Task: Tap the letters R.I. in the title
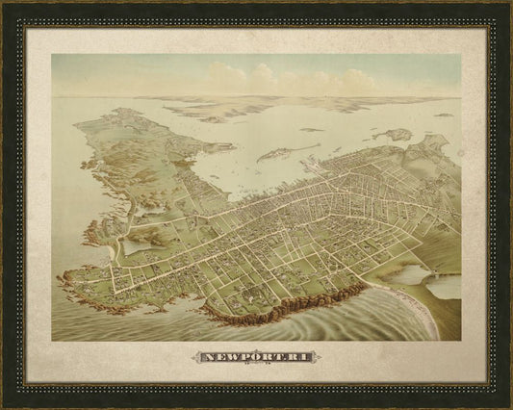[x=296, y=357]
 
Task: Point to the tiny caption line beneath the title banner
[x=256, y=367]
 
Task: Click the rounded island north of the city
[x=392, y=135]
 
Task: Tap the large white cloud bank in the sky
[x=289, y=79]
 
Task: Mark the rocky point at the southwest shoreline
[x=69, y=279]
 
